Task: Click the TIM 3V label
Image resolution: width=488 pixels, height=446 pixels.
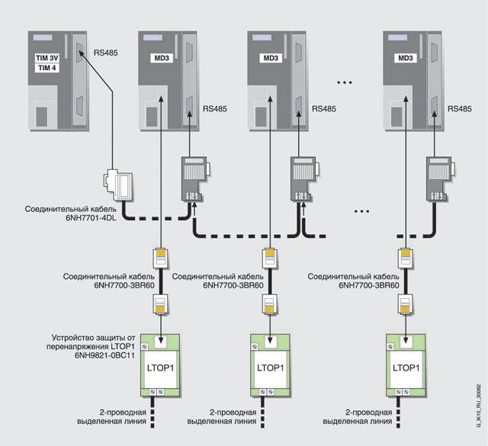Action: click(x=47, y=58)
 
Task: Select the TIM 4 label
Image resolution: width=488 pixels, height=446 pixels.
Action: click(x=47, y=68)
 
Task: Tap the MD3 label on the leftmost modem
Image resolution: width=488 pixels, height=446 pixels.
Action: click(x=162, y=58)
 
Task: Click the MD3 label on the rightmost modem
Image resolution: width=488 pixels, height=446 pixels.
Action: click(x=406, y=58)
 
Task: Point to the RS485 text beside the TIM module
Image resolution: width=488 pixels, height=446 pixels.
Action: click(x=106, y=53)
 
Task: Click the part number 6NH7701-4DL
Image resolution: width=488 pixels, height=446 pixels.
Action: click(x=91, y=218)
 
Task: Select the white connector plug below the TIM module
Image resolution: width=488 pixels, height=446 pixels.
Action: click(x=120, y=184)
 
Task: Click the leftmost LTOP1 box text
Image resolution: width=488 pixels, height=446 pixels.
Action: click(x=160, y=368)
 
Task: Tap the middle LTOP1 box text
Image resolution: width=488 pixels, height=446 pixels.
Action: click(x=271, y=368)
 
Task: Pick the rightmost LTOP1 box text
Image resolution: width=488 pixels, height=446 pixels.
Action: click(x=406, y=368)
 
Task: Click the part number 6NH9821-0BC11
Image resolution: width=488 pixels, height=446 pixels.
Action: click(x=104, y=355)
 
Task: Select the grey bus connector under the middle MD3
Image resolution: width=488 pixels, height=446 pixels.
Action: click(x=303, y=179)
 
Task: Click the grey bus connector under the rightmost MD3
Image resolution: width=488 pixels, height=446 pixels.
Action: click(x=438, y=179)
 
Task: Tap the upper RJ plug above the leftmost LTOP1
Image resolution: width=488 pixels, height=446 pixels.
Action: click(x=160, y=258)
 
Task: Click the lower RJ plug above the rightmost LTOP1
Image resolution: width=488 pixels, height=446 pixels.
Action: click(x=406, y=304)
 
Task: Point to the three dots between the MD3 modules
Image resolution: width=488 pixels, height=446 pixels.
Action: click(x=345, y=82)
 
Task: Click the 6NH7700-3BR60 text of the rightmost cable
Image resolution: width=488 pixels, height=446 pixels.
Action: click(x=369, y=285)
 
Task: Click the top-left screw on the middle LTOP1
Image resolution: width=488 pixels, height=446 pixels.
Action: click(x=255, y=346)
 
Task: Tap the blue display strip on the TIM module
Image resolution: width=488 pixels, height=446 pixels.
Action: click(x=43, y=38)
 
